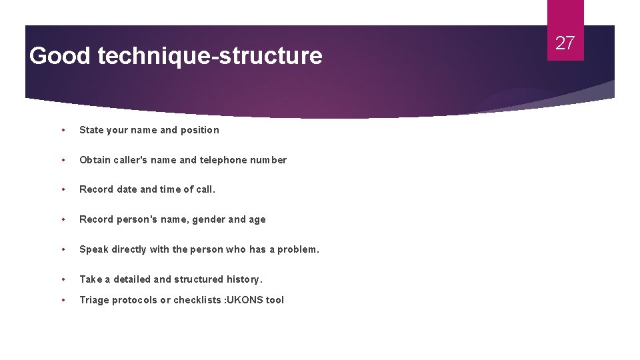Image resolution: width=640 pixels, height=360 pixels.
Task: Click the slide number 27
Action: coord(565,43)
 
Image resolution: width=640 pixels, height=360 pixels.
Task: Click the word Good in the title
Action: coord(59,56)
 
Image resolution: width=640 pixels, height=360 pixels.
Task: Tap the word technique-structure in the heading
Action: coord(209,56)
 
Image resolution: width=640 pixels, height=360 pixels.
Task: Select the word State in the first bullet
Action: coord(91,130)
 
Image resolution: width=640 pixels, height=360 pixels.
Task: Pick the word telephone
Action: coord(224,160)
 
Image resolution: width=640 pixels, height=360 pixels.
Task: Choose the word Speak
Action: coord(93,249)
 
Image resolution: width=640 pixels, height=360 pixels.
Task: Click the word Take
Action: coord(91,279)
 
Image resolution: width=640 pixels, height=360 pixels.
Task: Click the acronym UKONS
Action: coord(247,300)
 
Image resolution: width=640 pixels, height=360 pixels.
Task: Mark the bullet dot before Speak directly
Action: coord(63,249)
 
